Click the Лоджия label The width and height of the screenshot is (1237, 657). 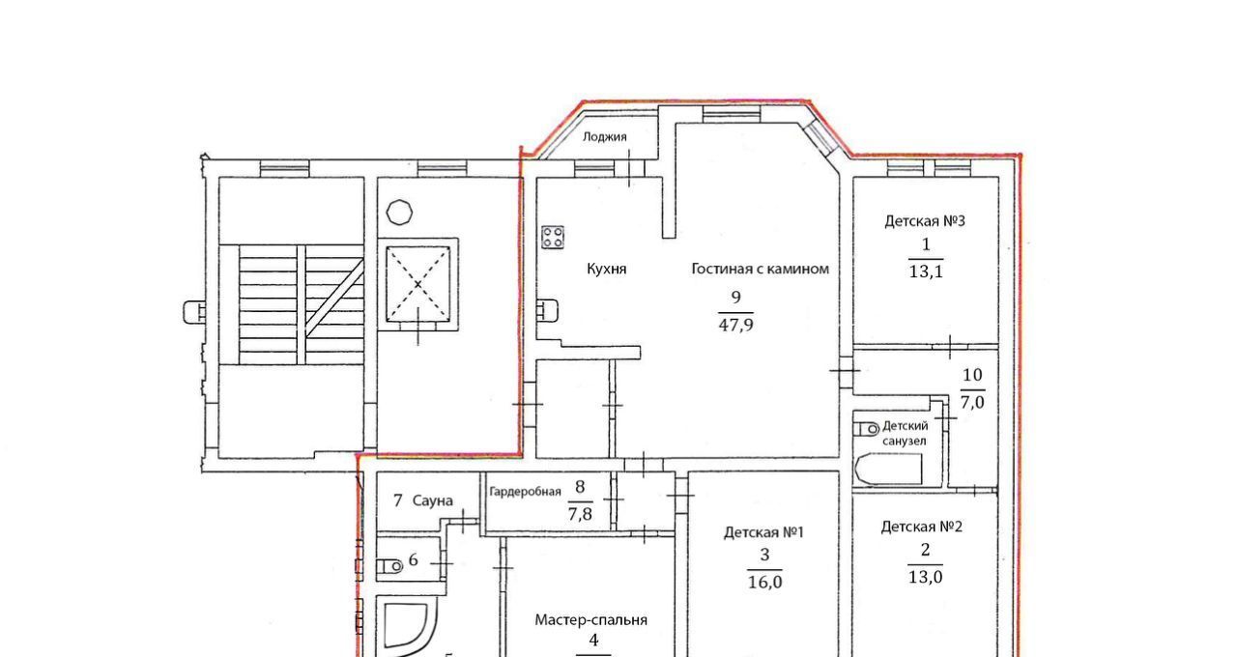[x=605, y=137]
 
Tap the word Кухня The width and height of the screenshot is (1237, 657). [x=606, y=269]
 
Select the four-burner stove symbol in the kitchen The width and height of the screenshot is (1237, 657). [x=552, y=238]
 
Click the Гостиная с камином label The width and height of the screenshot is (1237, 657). [x=760, y=269]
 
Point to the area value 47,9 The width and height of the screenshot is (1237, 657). [x=735, y=326]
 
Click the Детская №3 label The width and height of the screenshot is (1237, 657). [x=925, y=221]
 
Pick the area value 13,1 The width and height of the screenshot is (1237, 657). [x=926, y=271]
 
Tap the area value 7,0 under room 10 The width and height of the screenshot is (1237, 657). [x=972, y=403]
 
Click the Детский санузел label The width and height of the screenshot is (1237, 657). [x=906, y=434]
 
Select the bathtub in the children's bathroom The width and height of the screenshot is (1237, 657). [x=888, y=470]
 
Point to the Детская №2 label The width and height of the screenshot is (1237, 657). [x=922, y=527]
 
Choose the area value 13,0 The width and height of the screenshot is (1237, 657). [x=926, y=577]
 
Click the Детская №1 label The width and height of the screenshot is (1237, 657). [x=763, y=532]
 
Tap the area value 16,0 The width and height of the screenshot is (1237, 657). [x=765, y=582]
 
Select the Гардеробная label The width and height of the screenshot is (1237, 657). [x=525, y=492]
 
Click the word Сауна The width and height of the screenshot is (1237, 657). [x=433, y=500]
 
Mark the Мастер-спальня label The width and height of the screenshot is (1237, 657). [x=590, y=620]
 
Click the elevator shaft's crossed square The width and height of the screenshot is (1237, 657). [x=418, y=284]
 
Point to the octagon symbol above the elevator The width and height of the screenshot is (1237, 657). [x=399, y=212]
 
